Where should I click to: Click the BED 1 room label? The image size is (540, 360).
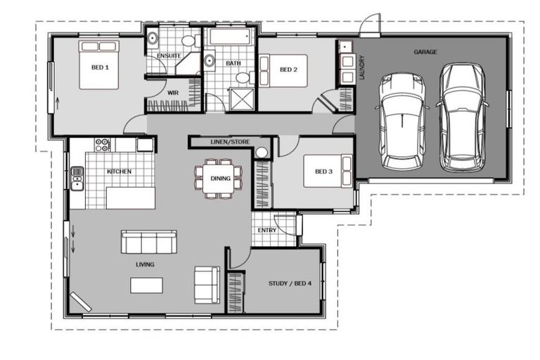coord(98,68)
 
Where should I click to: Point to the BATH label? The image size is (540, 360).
coord(233,63)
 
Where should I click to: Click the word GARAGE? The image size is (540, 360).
coord(425,52)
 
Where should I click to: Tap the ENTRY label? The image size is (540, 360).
coord(267,229)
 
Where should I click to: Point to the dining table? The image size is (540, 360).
coord(219,179)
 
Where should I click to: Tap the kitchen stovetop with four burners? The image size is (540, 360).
coord(103,146)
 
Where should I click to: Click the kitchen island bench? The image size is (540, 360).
coord(130,198)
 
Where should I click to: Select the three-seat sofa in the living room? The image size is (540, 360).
coord(148,243)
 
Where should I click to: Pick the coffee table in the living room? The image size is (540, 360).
coord(146,285)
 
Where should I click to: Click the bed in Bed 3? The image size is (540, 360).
coord(327,172)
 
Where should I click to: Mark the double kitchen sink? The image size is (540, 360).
coord(77,179)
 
